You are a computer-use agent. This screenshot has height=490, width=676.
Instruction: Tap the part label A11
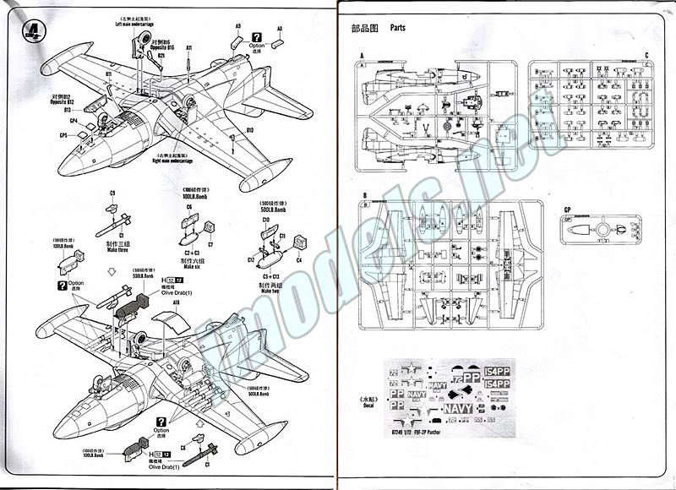click(x=189, y=48)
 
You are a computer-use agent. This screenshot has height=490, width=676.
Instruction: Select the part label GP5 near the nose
click(x=63, y=135)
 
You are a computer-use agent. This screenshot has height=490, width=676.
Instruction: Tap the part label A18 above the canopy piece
click(x=176, y=301)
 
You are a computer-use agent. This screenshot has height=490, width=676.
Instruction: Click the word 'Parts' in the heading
click(x=398, y=28)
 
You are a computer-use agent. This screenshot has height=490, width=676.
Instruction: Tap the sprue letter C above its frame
click(x=646, y=55)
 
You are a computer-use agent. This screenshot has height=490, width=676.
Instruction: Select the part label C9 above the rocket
click(x=112, y=193)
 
